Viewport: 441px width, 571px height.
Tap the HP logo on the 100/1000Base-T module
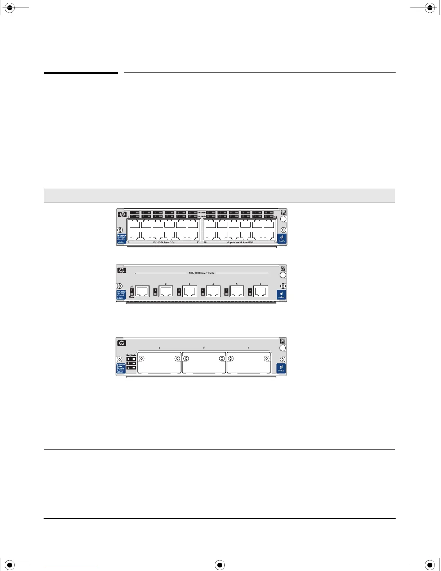121,270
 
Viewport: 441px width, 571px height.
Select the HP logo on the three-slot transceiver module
121,343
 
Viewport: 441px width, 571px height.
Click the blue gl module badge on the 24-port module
282,238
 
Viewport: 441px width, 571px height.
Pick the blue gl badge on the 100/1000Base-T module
281,295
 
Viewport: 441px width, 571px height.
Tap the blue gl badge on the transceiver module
281,368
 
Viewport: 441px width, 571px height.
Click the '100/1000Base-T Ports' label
201,273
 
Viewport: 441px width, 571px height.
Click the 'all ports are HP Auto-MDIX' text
240,243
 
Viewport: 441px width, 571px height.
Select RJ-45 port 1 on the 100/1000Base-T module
142,291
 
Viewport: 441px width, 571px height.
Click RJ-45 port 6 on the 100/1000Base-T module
260,291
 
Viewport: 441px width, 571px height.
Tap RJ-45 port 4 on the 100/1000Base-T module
213,291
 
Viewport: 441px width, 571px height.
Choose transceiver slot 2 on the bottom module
204,363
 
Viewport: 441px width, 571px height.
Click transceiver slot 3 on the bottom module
249,363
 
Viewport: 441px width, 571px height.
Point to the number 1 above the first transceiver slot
159,348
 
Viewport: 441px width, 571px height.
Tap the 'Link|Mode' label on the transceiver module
131,355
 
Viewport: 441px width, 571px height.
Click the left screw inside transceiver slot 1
141,359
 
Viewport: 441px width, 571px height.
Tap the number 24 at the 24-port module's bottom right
276,243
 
